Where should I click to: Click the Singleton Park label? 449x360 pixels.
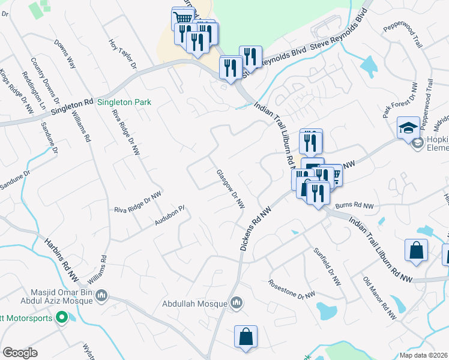coord(124,103)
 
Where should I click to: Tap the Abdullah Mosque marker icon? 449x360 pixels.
coord(237,304)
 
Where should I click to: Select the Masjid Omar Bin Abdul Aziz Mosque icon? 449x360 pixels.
coord(101,295)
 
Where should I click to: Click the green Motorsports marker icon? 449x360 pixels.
coord(61,318)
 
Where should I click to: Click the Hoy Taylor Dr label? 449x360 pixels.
coord(123,54)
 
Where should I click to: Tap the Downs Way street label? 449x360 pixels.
coord(64,54)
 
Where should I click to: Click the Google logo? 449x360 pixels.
coord(20,353)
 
